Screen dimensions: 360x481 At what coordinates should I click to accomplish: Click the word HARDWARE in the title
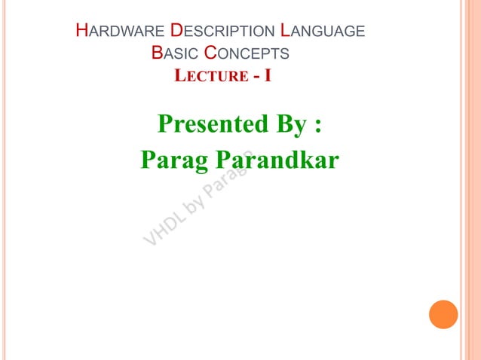121,32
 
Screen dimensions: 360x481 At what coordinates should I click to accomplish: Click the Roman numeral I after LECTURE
268,75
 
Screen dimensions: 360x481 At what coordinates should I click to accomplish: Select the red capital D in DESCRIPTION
176,32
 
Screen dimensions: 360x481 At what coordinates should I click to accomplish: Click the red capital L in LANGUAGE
283,32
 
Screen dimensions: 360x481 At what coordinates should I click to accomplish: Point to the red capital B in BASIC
156,53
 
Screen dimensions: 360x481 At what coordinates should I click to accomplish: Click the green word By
290,125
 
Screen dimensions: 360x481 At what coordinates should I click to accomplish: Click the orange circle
443,314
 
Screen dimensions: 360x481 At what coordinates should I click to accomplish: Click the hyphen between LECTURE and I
256,76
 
